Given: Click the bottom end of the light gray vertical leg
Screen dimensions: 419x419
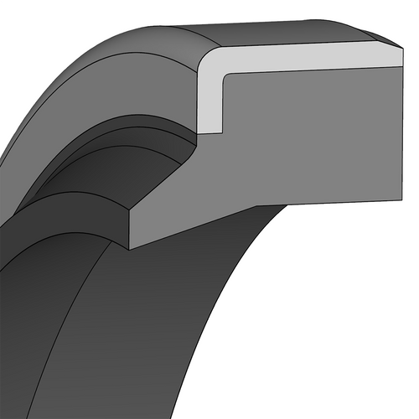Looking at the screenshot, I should pyautogui.click(x=212, y=131).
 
